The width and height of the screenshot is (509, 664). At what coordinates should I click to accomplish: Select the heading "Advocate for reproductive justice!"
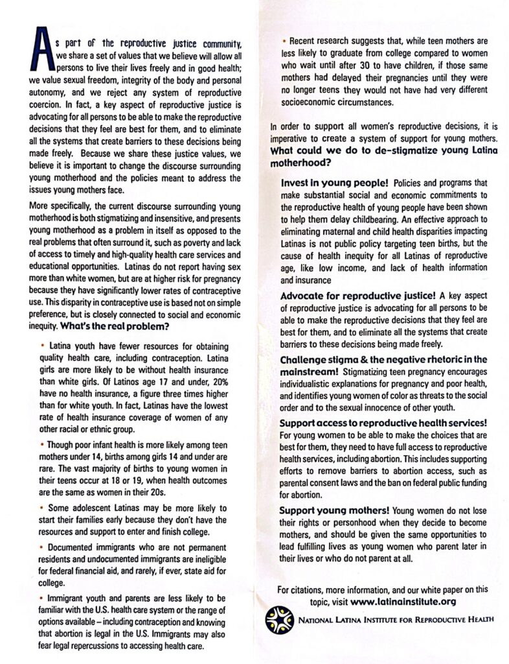tap(356, 296)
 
